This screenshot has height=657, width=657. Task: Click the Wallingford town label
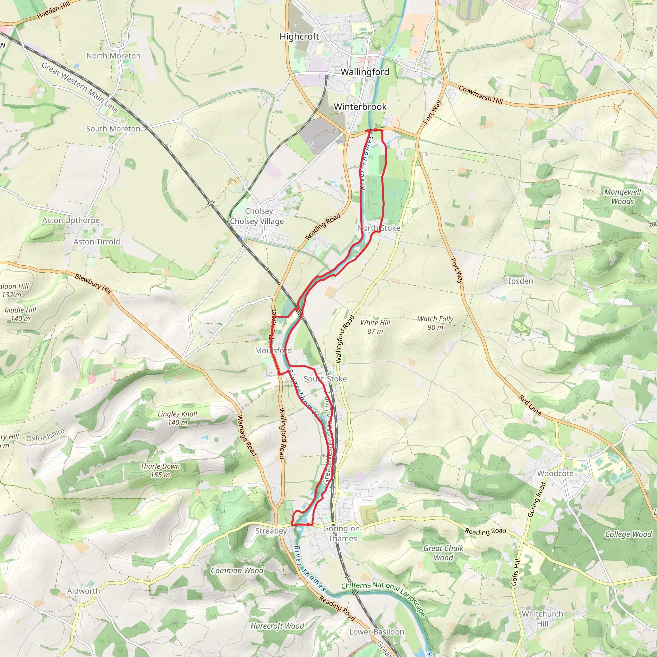coord(364,72)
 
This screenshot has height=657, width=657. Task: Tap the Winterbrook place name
coord(360,107)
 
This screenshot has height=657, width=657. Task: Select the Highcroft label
coord(299,36)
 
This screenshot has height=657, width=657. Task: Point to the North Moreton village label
coord(113,56)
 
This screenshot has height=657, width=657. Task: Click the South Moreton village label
coord(113,129)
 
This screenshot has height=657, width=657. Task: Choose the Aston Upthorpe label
coord(71,220)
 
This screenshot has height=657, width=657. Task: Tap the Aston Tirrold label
coord(97,242)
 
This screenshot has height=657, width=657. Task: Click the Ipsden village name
coord(520,281)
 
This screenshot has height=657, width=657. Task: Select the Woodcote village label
coord(555,474)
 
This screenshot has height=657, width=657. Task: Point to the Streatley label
coord(271,531)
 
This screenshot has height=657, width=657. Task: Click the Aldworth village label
coord(83,591)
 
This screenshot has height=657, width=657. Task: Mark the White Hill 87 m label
coord(375,327)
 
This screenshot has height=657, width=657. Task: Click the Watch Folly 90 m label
coord(435,323)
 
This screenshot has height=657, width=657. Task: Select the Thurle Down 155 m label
coord(160,470)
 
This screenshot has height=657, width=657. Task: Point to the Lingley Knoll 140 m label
coord(177,418)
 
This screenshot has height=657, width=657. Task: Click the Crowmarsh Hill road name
coord(480,95)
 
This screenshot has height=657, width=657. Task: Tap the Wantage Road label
coord(247,435)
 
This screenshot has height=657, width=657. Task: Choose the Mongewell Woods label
coord(622,197)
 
